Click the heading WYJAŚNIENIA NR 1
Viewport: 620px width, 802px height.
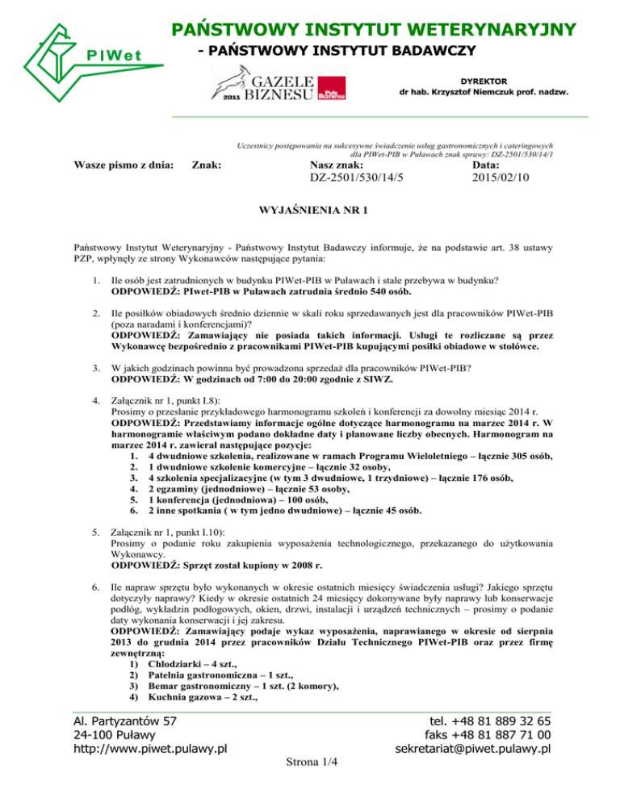click(x=310, y=211)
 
